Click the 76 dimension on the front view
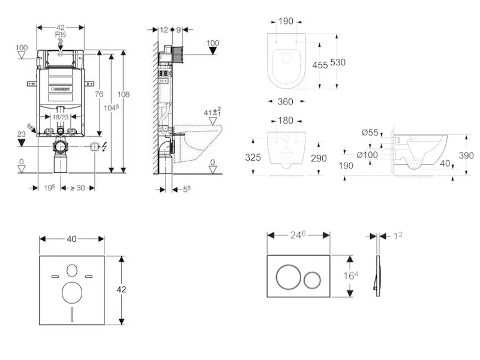pos(100,94)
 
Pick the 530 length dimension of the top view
pos(338,62)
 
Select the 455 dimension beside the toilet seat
pos(320,65)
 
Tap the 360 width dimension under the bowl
pos(286,103)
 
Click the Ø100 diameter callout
pos(366,154)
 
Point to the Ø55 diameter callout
pos(370,133)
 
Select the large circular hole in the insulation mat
pos(71,292)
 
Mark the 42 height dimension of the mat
pos(121,289)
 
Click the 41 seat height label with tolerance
pos(212,112)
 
